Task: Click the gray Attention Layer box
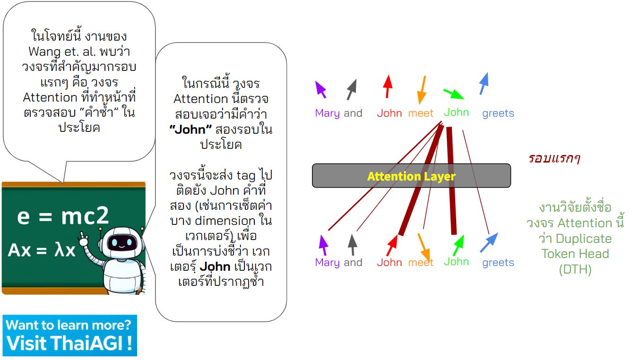(x=411, y=176)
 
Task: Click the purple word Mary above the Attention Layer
(x=327, y=113)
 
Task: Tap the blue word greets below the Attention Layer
(x=498, y=263)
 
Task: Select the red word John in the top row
(x=390, y=113)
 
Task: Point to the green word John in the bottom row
(x=456, y=262)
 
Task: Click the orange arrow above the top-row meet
(x=421, y=89)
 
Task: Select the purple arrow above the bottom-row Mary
(x=323, y=245)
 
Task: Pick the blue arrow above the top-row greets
(x=484, y=84)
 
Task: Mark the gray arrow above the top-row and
(x=352, y=89)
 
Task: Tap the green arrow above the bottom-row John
(x=458, y=245)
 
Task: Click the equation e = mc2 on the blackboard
(x=63, y=216)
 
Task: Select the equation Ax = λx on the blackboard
(x=42, y=250)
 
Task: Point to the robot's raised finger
(x=83, y=235)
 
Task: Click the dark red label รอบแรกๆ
(x=554, y=158)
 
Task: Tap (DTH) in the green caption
(x=575, y=269)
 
